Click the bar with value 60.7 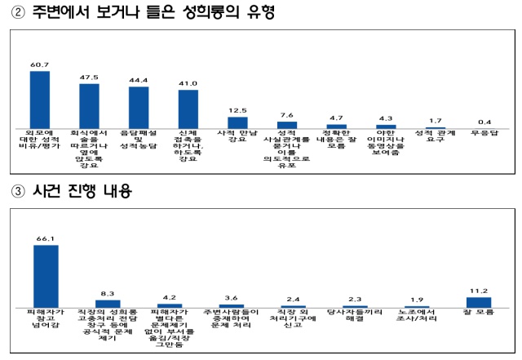pos(40,99)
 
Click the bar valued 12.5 pos(237,122)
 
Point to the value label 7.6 pos(286,115)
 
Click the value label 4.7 pos(336,118)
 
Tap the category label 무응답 pos(484,133)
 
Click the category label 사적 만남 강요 pos(237,137)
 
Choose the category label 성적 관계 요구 pos(435,137)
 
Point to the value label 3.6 pos(232,297)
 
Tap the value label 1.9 pos(417,300)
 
